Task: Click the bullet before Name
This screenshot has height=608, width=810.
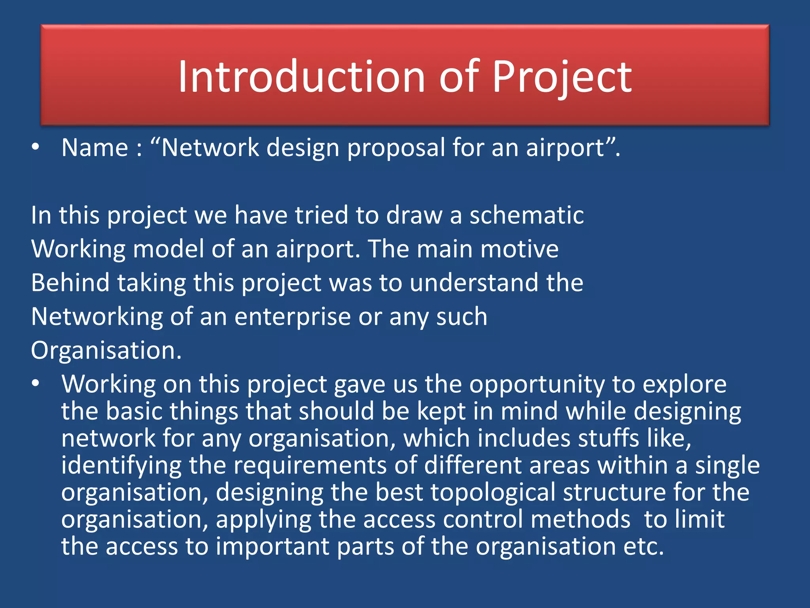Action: [x=36, y=147]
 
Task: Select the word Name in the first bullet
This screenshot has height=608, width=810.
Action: [x=95, y=148]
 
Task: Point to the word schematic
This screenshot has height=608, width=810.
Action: [x=526, y=215]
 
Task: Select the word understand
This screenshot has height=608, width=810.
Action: [x=474, y=283]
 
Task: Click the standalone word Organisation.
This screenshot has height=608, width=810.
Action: [x=106, y=351]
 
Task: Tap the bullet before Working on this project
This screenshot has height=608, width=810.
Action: [x=36, y=384]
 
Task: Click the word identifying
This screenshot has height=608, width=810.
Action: [x=121, y=466]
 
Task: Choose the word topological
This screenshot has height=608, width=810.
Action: [x=493, y=493]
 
